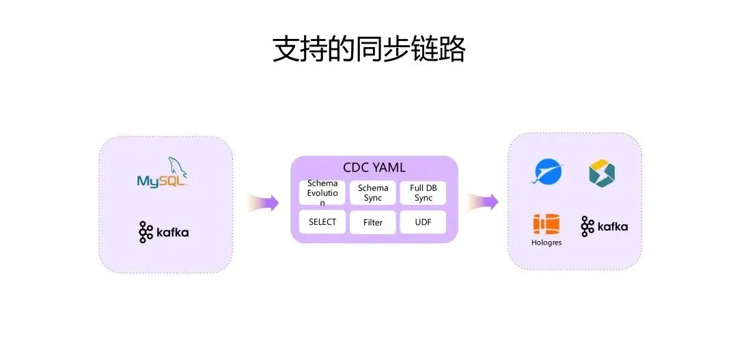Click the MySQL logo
tap(162, 172)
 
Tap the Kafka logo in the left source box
tap(163, 232)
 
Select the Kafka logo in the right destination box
tap(605, 226)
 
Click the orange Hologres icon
tap(546, 225)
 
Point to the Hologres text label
tap(546, 243)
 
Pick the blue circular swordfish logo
tap(548, 172)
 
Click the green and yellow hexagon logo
tap(602, 173)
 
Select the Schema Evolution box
tap(322, 193)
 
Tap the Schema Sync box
tap(373, 193)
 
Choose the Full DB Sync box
tap(423, 193)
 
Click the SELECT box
tap(322, 222)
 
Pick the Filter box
tap(373, 222)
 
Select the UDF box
tap(423, 222)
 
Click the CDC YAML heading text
tap(374, 167)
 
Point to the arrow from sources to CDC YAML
tap(263, 202)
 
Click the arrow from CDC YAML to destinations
tap(482, 202)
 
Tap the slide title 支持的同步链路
tap(369, 49)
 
